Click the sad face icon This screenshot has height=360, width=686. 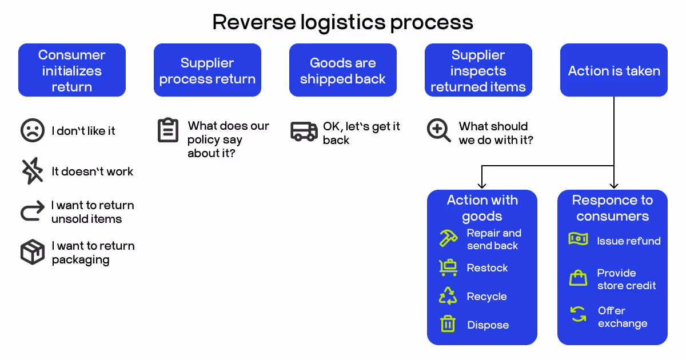tap(33, 131)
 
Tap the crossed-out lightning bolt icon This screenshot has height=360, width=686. tap(33, 171)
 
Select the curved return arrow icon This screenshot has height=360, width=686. tap(32, 211)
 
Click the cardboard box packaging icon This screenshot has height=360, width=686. tap(33, 252)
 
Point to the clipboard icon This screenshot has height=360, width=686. tap(168, 130)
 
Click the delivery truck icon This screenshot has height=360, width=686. tap(304, 131)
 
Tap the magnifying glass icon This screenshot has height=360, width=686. tap(438, 131)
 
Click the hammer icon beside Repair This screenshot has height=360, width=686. tap(448, 238)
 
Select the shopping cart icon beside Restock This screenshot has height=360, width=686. tap(448, 267)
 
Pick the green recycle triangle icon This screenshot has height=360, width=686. tap(448, 296)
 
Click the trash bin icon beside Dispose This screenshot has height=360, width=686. tap(448, 324)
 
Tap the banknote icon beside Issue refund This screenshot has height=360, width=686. tap(578, 239)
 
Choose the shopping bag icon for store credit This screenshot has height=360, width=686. tap(578, 278)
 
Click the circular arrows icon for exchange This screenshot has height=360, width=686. tap(578, 314)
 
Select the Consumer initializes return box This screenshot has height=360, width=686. tap(72, 70)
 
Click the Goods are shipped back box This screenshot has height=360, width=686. tap(343, 70)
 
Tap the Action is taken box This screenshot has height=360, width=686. tap(614, 70)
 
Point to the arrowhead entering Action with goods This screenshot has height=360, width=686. tap(482, 185)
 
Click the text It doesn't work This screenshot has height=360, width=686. tap(92, 171)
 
